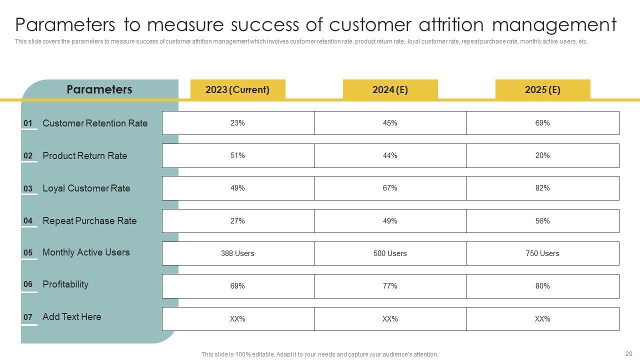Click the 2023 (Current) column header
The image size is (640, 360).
pyautogui.click(x=237, y=90)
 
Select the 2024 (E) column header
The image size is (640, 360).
pyautogui.click(x=390, y=90)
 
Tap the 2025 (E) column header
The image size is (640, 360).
pyautogui.click(x=542, y=90)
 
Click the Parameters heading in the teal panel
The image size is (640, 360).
pyautogui.click(x=99, y=89)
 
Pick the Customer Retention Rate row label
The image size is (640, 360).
pyautogui.click(x=95, y=123)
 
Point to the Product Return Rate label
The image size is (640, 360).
pyautogui.click(x=85, y=155)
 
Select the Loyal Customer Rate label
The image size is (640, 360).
pyautogui.click(x=86, y=188)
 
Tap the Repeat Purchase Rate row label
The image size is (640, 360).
pyautogui.click(x=89, y=220)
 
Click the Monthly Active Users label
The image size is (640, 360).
pyautogui.click(x=86, y=252)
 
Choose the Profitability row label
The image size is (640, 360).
pyautogui.click(x=65, y=284)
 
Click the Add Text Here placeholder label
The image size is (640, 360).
pyautogui.click(x=71, y=316)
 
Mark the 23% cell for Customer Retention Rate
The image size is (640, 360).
pyautogui.click(x=237, y=123)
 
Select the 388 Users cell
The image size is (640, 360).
pyautogui.click(x=237, y=253)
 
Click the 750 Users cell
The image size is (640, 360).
pyautogui.click(x=542, y=253)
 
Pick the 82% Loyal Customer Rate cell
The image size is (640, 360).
pyautogui.click(x=542, y=188)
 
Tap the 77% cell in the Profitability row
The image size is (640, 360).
pyautogui.click(x=390, y=286)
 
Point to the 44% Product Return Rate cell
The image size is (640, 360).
pyautogui.click(x=390, y=155)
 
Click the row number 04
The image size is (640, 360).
pyautogui.click(x=28, y=221)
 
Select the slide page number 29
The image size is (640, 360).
pyautogui.click(x=628, y=353)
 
